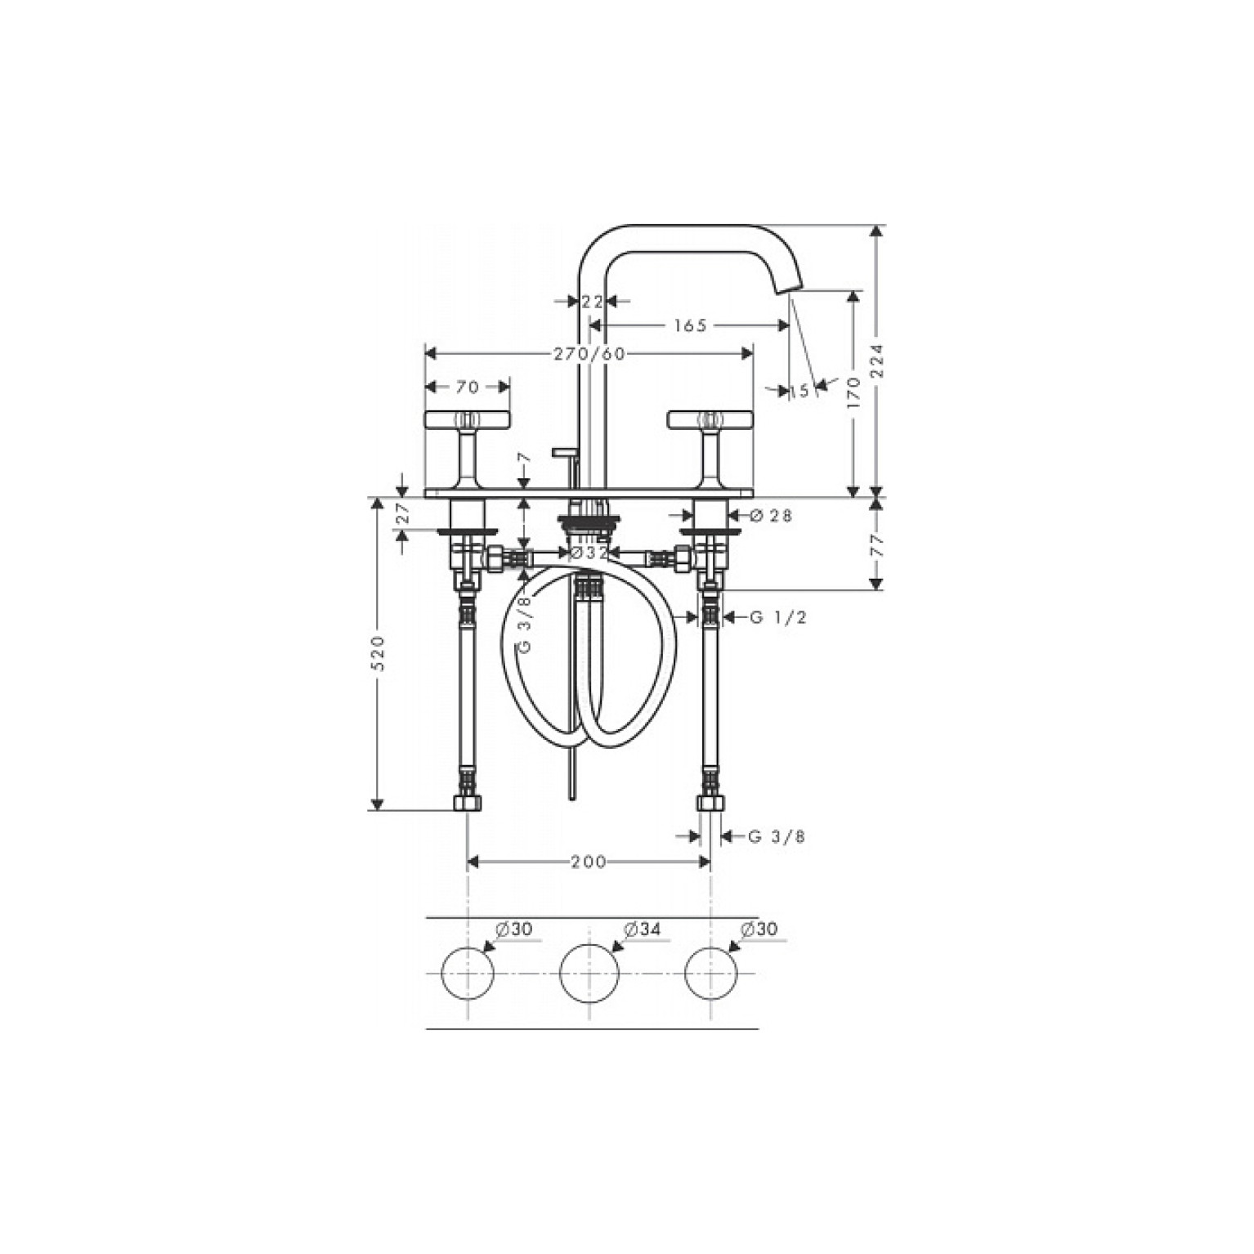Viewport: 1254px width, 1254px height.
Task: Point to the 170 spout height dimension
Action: [x=854, y=393]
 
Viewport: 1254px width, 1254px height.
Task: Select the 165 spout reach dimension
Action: [x=690, y=325]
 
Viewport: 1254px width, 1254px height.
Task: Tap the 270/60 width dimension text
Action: [x=589, y=353]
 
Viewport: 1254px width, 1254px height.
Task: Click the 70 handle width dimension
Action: [x=467, y=386]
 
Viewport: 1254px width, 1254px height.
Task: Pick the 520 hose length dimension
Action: [x=377, y=653]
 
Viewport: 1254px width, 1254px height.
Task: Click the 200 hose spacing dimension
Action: [x=589, y=862]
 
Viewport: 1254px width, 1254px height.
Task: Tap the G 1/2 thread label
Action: [x=778, y=617]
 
